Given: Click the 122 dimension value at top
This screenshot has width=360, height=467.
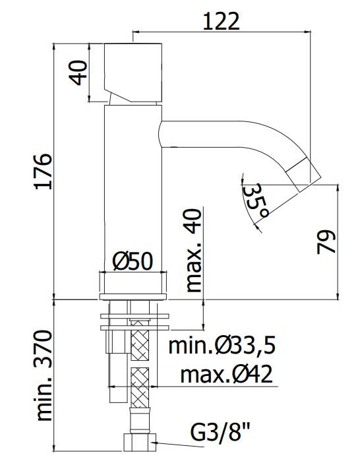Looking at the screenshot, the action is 221,21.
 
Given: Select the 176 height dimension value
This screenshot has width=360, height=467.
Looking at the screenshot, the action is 43,171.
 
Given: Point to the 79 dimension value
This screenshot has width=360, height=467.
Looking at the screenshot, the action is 326,242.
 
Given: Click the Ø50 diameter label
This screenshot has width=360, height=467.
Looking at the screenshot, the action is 133,261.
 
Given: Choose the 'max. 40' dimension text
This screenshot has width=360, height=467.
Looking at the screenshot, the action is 193,250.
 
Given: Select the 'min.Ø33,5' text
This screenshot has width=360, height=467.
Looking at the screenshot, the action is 222,346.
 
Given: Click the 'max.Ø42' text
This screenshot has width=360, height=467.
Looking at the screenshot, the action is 226,375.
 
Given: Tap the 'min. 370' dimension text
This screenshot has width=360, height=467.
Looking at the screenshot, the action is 44,375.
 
